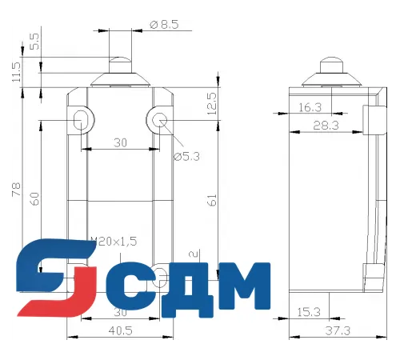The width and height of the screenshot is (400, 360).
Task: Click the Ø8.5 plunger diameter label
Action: point(166,23)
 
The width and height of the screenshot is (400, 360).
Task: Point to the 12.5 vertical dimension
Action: point(212,102)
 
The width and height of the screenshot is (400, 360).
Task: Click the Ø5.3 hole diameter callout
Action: point(186,156)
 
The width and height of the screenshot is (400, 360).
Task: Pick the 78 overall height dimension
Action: point(13,190)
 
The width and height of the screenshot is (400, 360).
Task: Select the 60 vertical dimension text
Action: point(35,198)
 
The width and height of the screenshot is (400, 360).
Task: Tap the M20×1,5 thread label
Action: point(114,240)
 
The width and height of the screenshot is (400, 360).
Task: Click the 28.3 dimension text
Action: point(326,125)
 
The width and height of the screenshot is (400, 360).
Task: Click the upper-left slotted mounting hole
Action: point(81,121)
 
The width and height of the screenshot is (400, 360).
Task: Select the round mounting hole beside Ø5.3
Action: point(158,121)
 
